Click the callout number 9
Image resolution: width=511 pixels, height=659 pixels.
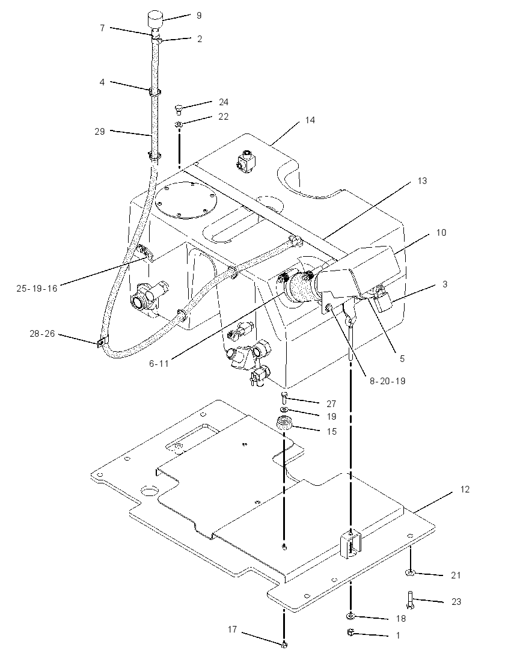click(x=199, y=16)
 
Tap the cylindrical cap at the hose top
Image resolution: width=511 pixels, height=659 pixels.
click(x=155, y=20)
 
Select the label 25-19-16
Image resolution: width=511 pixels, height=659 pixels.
click(x=37, y=289)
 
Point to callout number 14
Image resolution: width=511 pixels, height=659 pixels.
click(x=310, y=120)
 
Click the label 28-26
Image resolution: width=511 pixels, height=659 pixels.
click(x=43, y=334)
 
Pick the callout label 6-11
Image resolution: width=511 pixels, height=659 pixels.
click(x=159, y=364)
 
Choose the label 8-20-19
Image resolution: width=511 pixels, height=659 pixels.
click(x=387, y=381)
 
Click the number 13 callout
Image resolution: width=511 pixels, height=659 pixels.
click(x=422, y=181)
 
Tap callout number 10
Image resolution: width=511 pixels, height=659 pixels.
click(x=441, y=233)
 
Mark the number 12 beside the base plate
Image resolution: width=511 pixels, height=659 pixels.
click(x=465, y=489)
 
